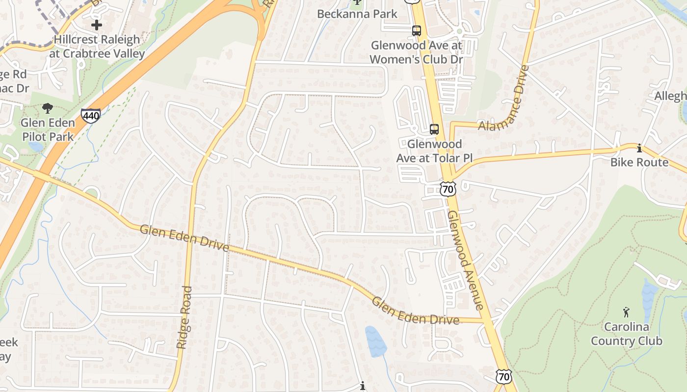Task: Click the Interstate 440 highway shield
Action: point(91,116)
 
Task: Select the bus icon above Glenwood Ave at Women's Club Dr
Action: point(417,31)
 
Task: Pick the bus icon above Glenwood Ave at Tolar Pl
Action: point(434,129)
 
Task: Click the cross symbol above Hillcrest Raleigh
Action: point(97,24)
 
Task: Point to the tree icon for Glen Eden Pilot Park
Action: point(48,108)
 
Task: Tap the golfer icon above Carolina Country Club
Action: point(626,312)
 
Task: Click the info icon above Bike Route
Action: point(639,147)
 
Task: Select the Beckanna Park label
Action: point(357,14)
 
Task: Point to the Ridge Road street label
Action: point(184,318)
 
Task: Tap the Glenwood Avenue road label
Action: point(466,260)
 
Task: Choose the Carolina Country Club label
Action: point(626,334)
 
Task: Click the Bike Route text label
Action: point(639,162)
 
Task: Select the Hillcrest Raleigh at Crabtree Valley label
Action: point(97,47)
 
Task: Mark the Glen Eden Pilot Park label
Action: point(48,129)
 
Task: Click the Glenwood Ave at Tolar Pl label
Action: point(434,151)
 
